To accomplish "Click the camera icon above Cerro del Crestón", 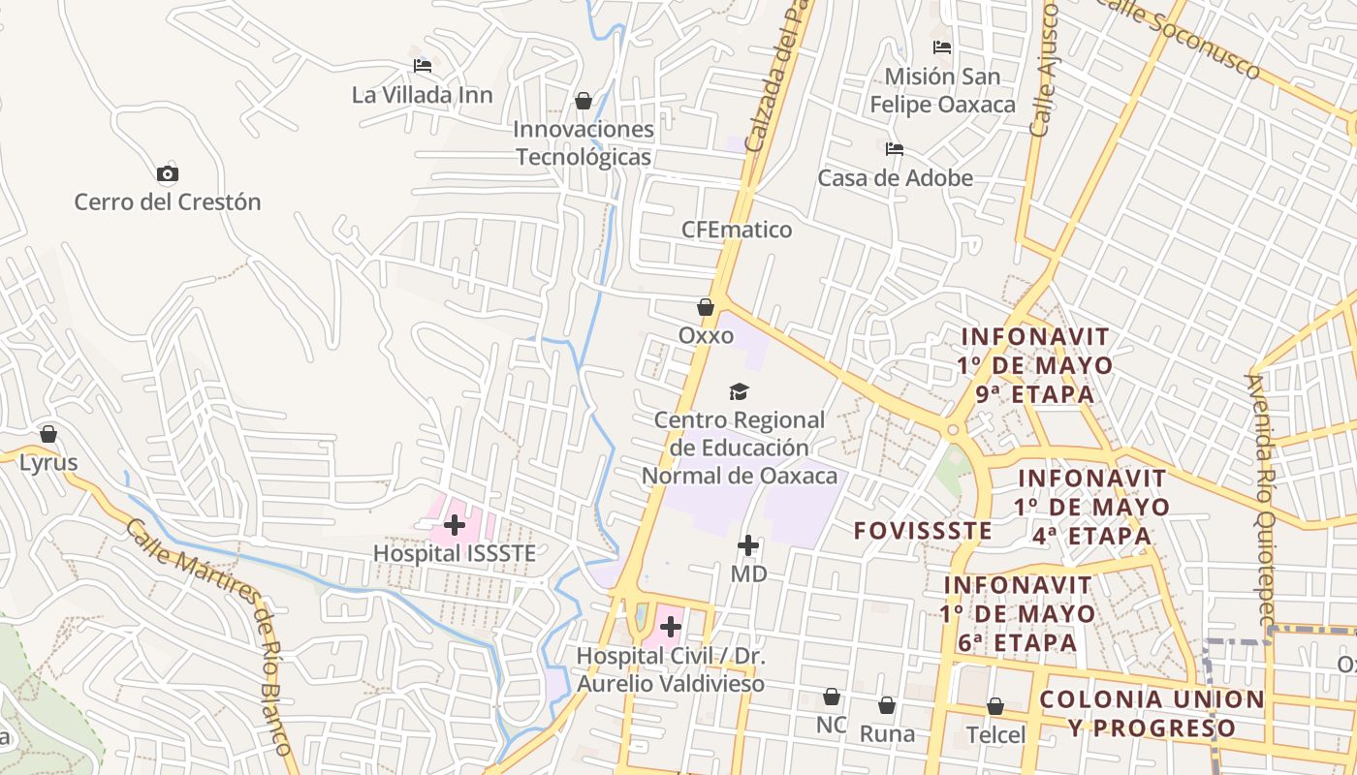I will pos(168,174).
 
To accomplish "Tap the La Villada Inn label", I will pos(422,95).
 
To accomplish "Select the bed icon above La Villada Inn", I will pos(423,66).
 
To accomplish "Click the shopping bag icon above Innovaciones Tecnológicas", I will pos(584,101).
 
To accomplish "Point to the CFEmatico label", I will pos(737,230).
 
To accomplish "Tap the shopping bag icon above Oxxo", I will pos(706,307).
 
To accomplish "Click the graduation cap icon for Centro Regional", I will pos(739,391).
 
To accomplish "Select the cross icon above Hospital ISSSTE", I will pos(454,525).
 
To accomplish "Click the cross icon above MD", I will pos(748,545).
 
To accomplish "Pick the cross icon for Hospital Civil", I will pos(670,627).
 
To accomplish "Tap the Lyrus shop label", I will pos(48,462).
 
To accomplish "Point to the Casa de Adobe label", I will pos(895,178).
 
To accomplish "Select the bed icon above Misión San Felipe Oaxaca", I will pos(942,47).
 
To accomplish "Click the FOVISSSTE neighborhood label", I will pos(923,530).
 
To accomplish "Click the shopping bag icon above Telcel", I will pos(995,706).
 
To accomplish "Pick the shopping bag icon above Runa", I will pos(887,705).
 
